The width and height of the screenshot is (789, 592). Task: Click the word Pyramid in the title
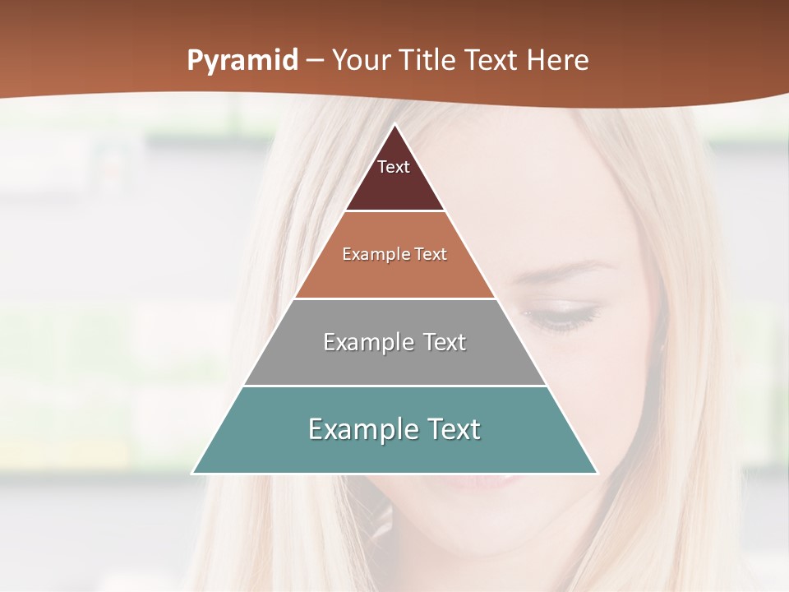click(242, 61)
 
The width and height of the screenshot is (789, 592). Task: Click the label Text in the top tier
click(394, 167)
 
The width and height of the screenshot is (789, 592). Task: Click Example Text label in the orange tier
click(394, 254)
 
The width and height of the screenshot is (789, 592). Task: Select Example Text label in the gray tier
click(394, 342)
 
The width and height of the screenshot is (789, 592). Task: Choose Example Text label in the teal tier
click(394, 429)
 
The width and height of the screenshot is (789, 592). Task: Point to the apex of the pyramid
click(395, 126)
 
